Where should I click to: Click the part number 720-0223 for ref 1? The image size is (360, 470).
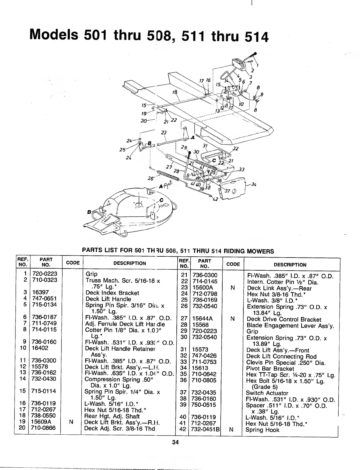click(x=45, y=274)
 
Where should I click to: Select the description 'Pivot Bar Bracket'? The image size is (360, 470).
click(x=270, y=369)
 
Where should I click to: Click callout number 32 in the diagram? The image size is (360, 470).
click(x=236, y=149)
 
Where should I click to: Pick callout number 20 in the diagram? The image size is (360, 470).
click(x=145, y=120)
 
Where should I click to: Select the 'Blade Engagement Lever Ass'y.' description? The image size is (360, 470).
click(x=290, y=325)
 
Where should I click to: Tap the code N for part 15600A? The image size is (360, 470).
click(x=233, y=288)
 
